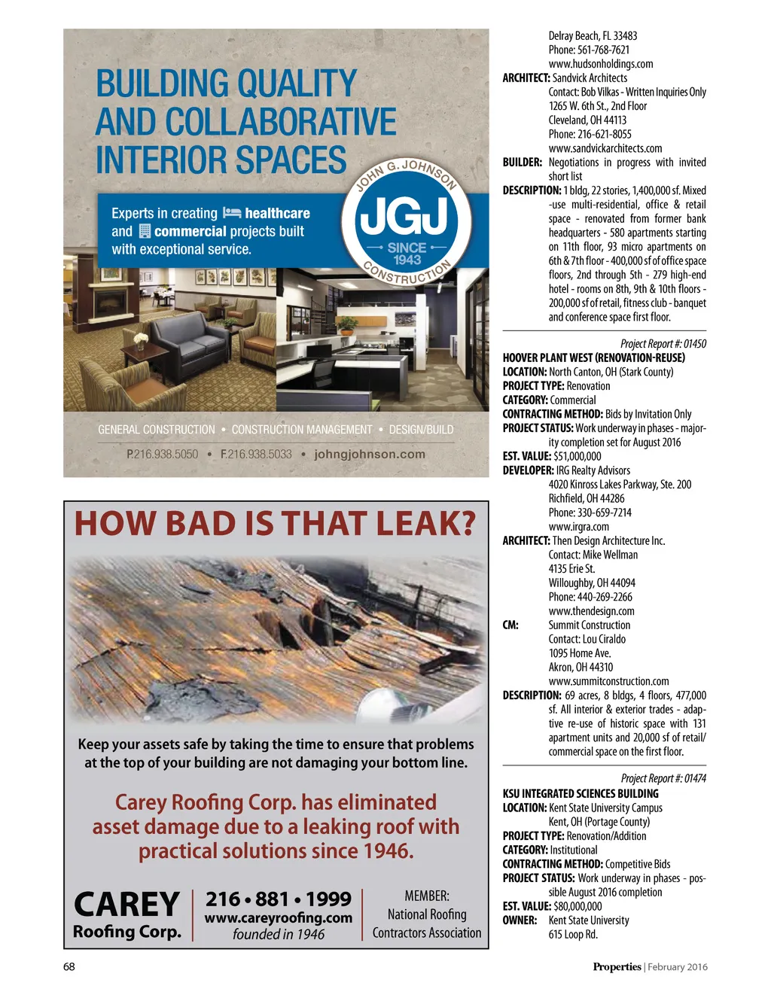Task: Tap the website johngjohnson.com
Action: coord(370,454)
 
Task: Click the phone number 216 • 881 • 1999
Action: coord(279,899)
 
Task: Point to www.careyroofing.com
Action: coord(279,917)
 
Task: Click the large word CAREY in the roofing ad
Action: coord(127,904)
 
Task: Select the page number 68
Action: coord(69,967)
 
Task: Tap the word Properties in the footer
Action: coord(617,967)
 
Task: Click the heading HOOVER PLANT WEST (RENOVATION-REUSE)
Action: coord(594,357)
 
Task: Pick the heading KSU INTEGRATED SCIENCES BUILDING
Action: coord(581,793)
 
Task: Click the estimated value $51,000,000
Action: coord(577,456)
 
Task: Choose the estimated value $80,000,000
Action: coord(577,906)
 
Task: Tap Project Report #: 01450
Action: coord(663,344)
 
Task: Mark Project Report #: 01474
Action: coord(663,779)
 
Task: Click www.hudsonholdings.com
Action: coord(601,64)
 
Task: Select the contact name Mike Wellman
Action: coord(610,555)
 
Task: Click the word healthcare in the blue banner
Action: coord(277,214)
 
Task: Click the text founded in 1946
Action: coord(279,934)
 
